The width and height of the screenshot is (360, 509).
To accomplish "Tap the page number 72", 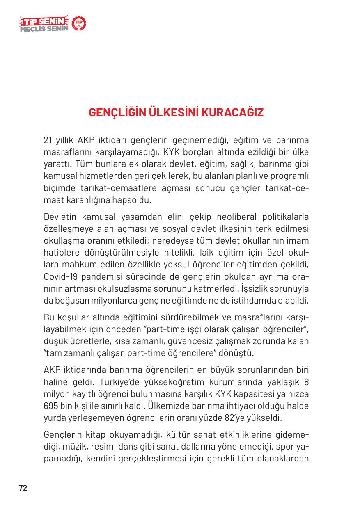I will tap(23, 488).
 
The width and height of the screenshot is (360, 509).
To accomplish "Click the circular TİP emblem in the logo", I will tap(79, 24).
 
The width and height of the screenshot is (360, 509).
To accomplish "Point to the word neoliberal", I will tap(218, 217).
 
